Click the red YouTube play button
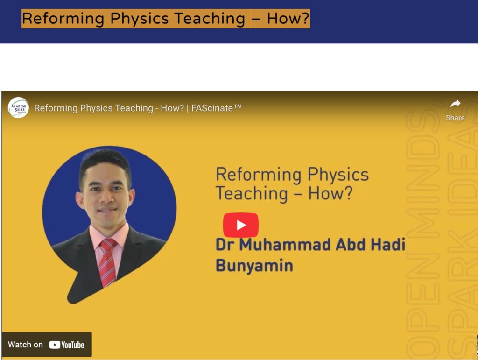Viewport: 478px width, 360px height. pyautogui.click(x=240, y=225)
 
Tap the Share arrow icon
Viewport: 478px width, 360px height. pyautogui.click(x=455, y=104)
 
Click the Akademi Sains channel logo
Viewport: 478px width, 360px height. pyautogui.click(x=18, y=107)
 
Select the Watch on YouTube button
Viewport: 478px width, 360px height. pyautogui.click(x=47, y=345)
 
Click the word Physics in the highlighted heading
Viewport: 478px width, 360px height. pyautogui.click(x=139, y=18)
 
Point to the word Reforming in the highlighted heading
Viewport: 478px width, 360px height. pyautogui.click(x=63, y=19)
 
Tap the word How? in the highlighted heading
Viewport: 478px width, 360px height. pyautogui.click(x=288, y=18)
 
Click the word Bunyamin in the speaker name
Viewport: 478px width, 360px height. pyautogui.click(x=254, y=266)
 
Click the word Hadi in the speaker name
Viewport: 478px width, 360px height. pyautogui.click(x=388, y=245)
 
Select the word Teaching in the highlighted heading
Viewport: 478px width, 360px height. pyautogui.click(x=210, y=19)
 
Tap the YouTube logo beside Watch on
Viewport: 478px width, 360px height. pyautogui.click(x=66, y=345)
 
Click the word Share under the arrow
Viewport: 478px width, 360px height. pyautogui.click(x=455, y=118)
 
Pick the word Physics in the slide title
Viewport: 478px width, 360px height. pyautogui.click(x=338, y=175)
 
